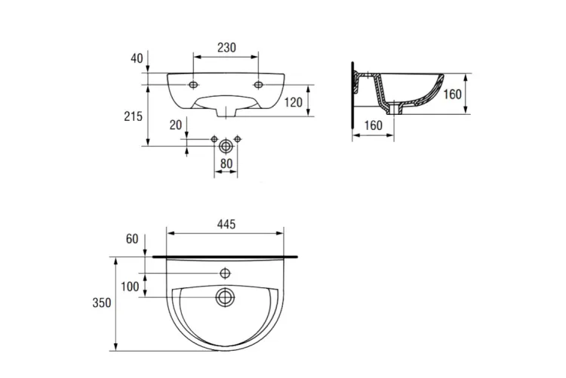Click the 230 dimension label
point(226,48)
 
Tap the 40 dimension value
point(137,58)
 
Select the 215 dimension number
point(133,116)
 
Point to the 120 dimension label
point(293,102)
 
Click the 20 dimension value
point(176,125)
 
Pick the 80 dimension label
point(226,163)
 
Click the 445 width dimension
point(226,225)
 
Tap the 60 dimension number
point(132,239)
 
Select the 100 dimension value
point(130,287)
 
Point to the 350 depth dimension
point(102,302)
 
